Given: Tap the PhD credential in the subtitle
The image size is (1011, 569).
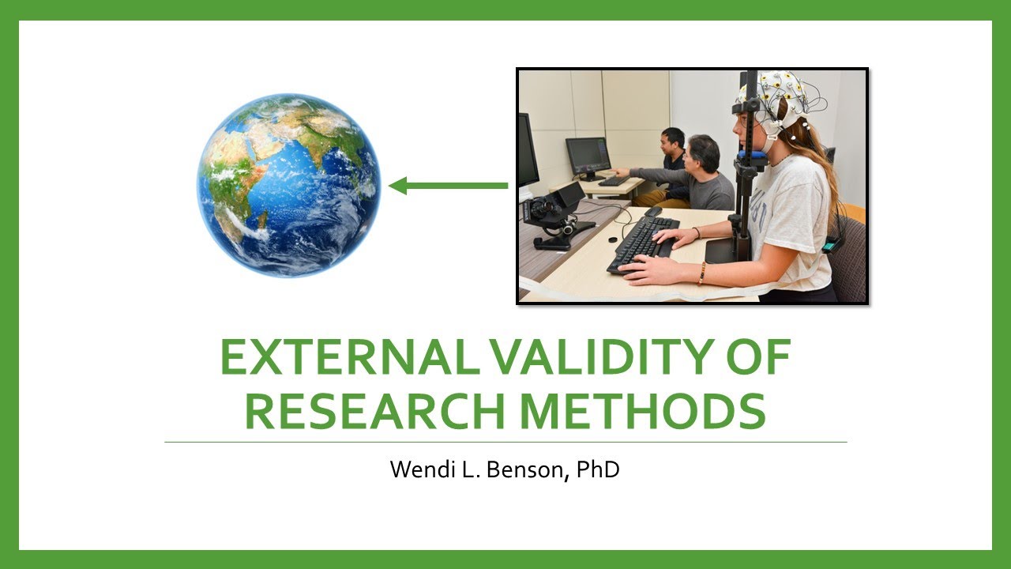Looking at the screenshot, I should [597, 470].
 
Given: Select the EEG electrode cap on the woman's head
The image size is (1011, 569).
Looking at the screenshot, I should [777, 95].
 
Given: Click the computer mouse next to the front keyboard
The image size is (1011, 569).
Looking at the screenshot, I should [652, 212].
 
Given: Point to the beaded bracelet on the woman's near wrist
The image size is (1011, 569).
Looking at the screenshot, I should [701, 273].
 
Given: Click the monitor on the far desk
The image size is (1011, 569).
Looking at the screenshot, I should [588, 156].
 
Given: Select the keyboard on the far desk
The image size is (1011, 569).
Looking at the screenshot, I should [613, 181].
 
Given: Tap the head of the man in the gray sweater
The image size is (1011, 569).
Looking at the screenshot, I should [703, 153].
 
